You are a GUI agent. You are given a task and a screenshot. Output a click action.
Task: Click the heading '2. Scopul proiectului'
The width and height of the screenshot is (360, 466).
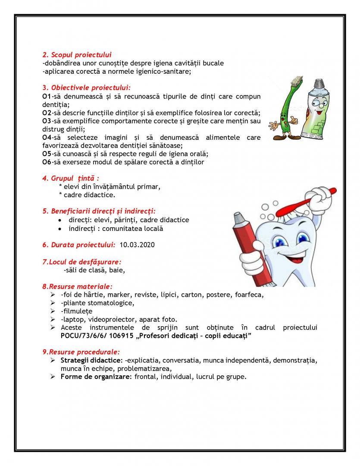pos(77,55)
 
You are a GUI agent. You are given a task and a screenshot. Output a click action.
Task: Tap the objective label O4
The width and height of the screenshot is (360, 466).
pos(47,137)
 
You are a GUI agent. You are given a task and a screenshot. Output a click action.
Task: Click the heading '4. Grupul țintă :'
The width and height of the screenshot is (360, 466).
pos(71,178)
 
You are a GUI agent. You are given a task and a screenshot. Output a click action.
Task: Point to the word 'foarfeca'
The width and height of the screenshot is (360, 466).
pos(250,295)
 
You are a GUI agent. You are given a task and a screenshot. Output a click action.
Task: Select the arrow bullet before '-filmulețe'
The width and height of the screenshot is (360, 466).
pos(52,311)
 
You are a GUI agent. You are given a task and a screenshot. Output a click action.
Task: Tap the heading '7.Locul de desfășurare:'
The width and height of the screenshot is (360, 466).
pos(81,261)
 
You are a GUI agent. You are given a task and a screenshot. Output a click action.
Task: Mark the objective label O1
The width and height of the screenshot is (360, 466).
pos(47,96)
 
